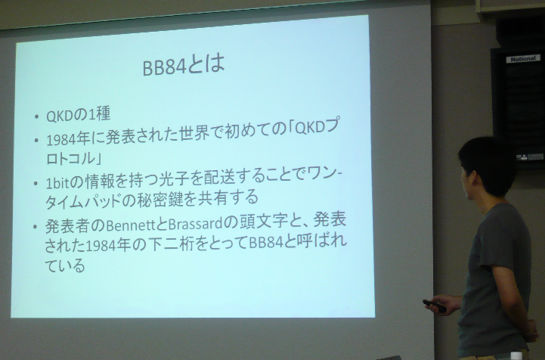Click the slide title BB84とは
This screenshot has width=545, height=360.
click(x=184, y=66)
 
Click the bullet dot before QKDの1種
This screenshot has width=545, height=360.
click(x=37, y=117)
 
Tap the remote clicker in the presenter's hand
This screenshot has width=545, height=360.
click(x=434, y=306)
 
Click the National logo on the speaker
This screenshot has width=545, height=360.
click(x=522, y=58)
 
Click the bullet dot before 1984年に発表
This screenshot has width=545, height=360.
click(x=37, y=141)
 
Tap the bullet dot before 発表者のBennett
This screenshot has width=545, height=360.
click(x=37, y=227)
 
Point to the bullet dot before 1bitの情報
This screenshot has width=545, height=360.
click(x=37, y=183)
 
